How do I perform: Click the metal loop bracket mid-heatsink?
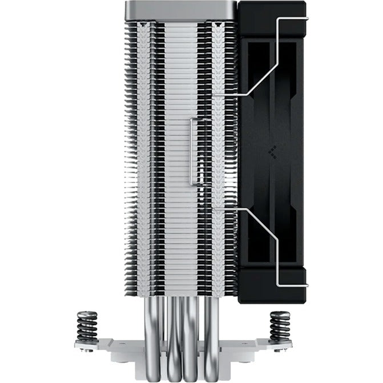tap(194, 151)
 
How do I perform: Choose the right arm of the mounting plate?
tap(268, 345)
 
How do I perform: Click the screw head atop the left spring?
tap(87, 313)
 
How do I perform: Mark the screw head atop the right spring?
tap(280, 313)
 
